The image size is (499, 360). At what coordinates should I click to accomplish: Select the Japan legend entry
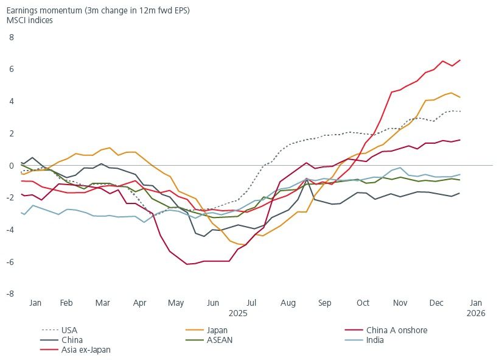(217, 330)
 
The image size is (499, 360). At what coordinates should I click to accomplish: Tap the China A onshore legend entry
(396, 330)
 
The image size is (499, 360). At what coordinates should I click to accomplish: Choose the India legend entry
(375, 340)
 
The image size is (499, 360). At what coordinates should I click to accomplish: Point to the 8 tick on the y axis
(10, 37)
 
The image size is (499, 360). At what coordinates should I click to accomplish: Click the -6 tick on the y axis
(9, 262)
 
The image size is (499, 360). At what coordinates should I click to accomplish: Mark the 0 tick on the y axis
(10, 166)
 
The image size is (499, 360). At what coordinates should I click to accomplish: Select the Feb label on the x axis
(66, 303)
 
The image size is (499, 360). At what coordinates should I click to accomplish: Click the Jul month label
(251, 303)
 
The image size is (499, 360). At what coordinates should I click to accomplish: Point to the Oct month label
(363, 303)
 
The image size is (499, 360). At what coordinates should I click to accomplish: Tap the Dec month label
(437, 303)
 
